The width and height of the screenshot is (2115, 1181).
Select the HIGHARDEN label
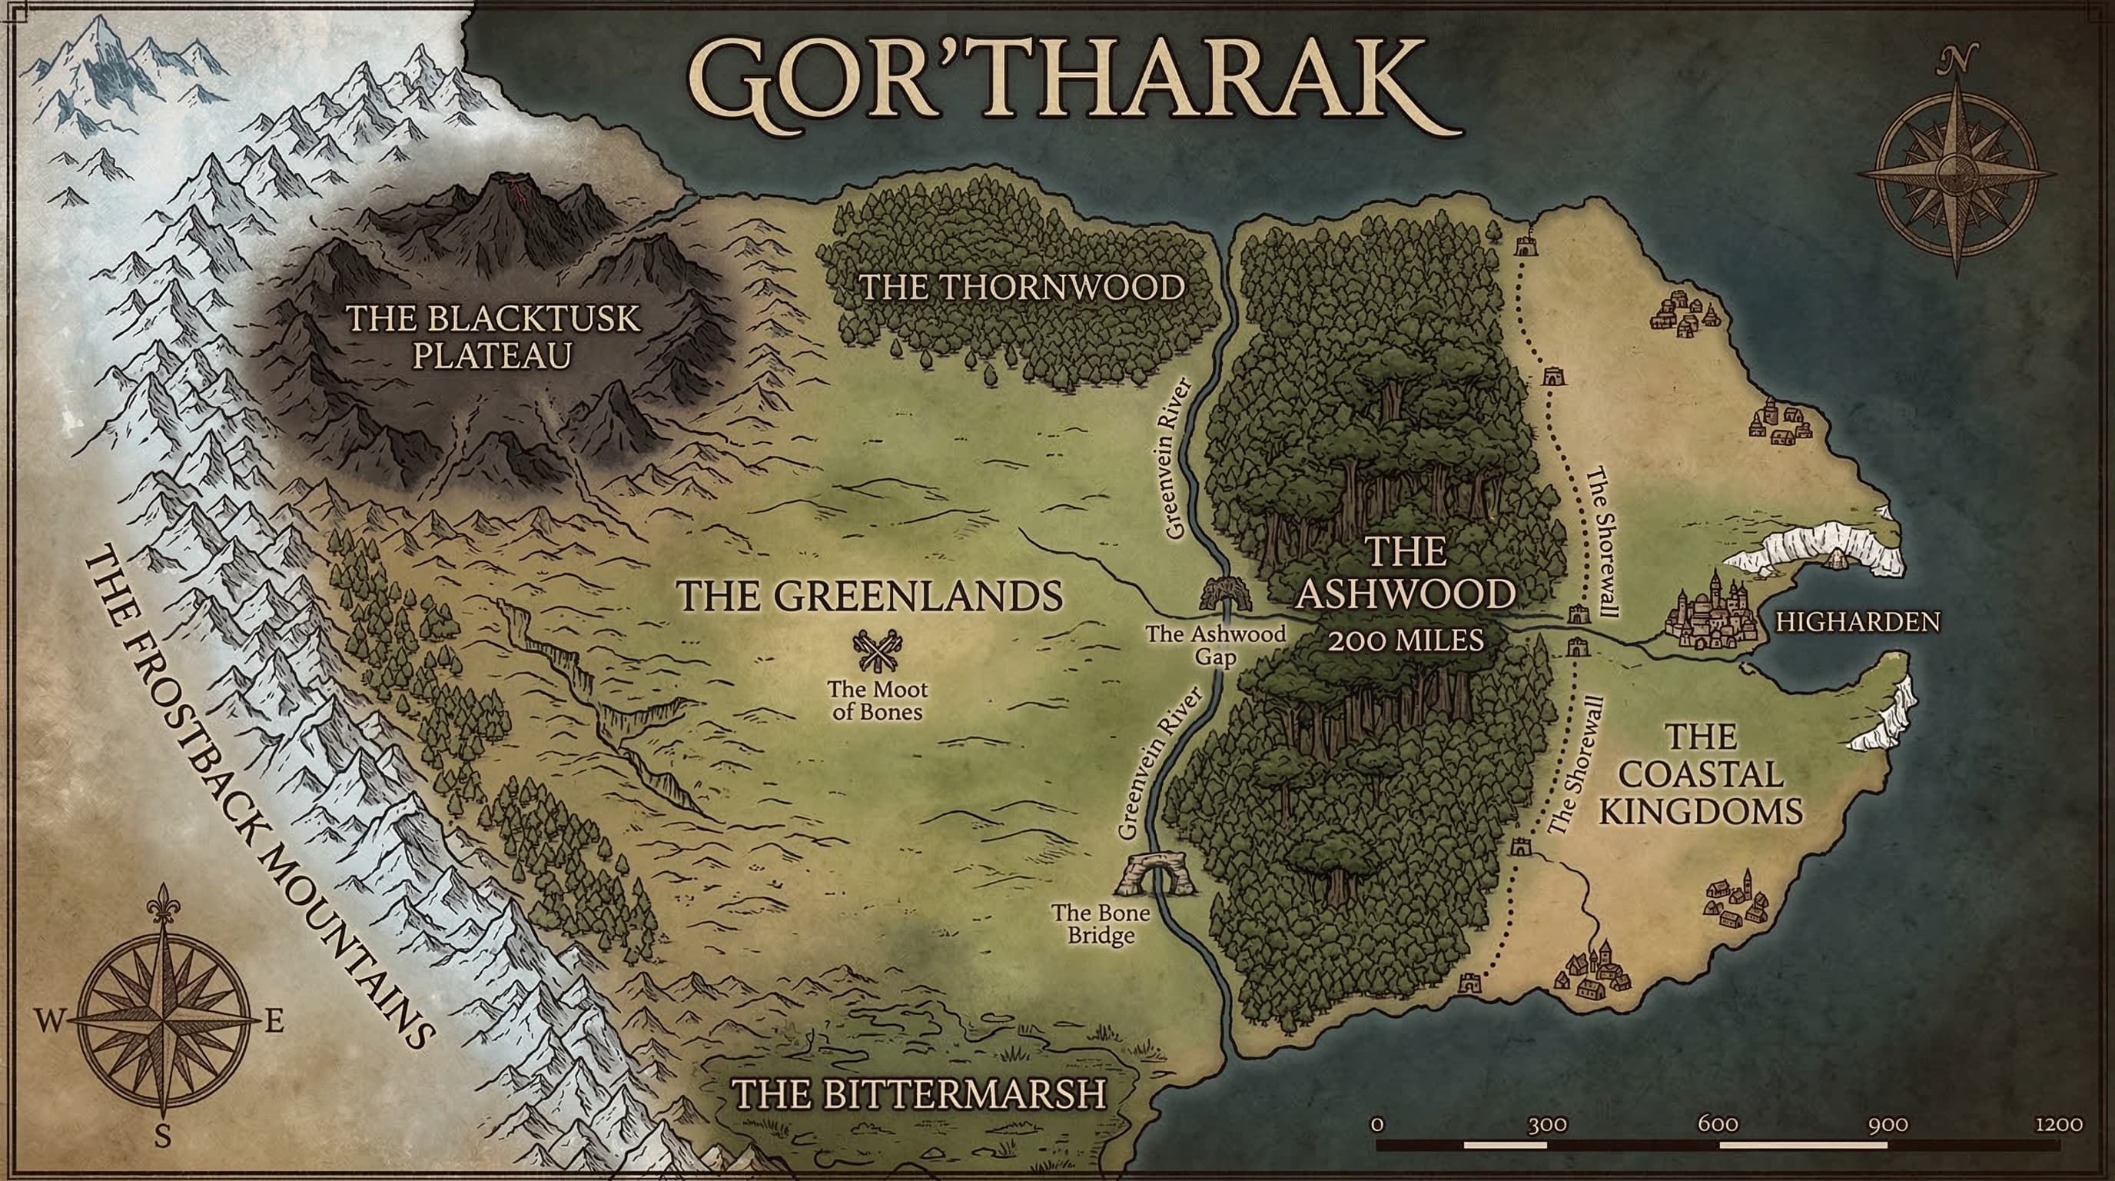click(x=1858, y=622)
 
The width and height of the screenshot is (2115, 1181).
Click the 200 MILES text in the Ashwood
click(x=1406, y=639)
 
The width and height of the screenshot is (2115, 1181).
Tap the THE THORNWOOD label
click(x=1021, y=288)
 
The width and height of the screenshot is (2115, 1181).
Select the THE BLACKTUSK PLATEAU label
click(x=493, y=337)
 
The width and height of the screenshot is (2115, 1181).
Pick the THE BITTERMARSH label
click(x=918, y=1095)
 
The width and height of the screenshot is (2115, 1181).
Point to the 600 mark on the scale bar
click(x=1718, y=1124)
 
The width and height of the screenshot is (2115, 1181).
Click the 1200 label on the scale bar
click(x=2058, y=1124)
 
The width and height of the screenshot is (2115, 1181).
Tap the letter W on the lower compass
click(x=48, y=1022)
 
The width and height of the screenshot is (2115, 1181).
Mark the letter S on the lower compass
click(x=163, y=1137)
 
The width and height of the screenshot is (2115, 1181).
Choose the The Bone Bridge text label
click(x=1101, y=924)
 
